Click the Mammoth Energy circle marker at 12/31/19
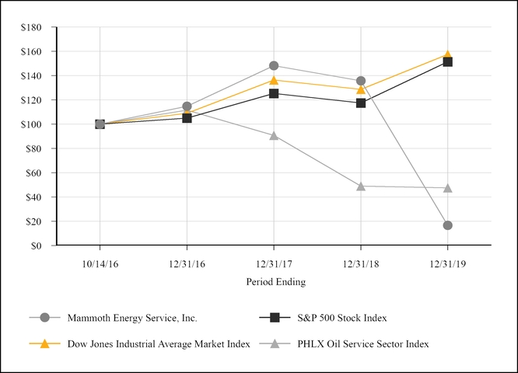(x=447, y=225)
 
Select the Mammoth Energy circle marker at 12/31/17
(x=274, y=65)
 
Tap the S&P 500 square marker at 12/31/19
(x=447, y=61)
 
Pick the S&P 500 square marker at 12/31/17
(x=274, y=93)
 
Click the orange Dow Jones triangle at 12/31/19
(x=447, y=54)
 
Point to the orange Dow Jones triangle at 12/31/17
(x=274, y=79)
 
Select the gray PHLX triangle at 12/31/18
(x=361, y=186)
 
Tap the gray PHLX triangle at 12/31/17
(x=274, y=135)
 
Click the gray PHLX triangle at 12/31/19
(x=447, y=188)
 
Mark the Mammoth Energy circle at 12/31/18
(x=361, y=81)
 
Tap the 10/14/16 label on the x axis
(x=100, y=263)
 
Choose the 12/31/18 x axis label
(x=361, y=263)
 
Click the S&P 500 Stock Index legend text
(x=341, y=317)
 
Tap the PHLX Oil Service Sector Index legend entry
(x=362, y=343)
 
